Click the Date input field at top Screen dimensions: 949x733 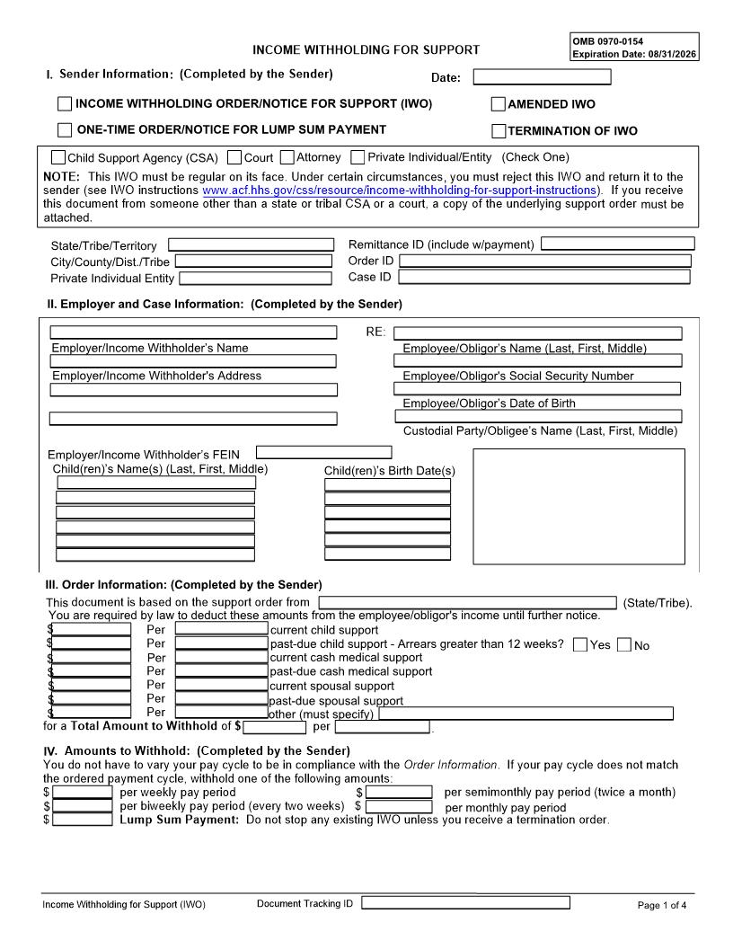click(x=542, y=77)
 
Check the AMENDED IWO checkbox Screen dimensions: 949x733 click(x=499, y=104)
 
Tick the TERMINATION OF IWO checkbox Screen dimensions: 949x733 click(x=499, y=131)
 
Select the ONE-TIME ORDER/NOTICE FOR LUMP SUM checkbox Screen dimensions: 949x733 click(x=65, y=130)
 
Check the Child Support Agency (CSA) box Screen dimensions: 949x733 click(x=58, y=157)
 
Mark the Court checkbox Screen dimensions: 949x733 click(x=234, y=157)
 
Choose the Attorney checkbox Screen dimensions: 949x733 click(x=287, y=157)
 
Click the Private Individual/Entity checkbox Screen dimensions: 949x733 click(x=358, y=157)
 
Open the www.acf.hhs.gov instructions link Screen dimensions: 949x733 click(x=400, y=191)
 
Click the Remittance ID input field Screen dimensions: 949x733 click(x=618, y=244)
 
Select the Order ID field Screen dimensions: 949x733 click(x=545, y=261)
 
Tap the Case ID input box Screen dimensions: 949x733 click(x=544, y=277)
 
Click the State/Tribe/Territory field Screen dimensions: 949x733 click(x=251, y=244)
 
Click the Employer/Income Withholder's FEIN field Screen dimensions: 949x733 click(x=323, y=453)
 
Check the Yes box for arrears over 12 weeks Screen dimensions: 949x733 click(x=580, y=644)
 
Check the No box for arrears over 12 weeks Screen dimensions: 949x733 click(x=624, y=644)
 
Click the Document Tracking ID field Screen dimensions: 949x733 click(x=465, y=903)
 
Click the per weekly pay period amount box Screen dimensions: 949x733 click(x=83, y=793)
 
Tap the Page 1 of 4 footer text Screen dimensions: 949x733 click(x=661, y=905)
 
